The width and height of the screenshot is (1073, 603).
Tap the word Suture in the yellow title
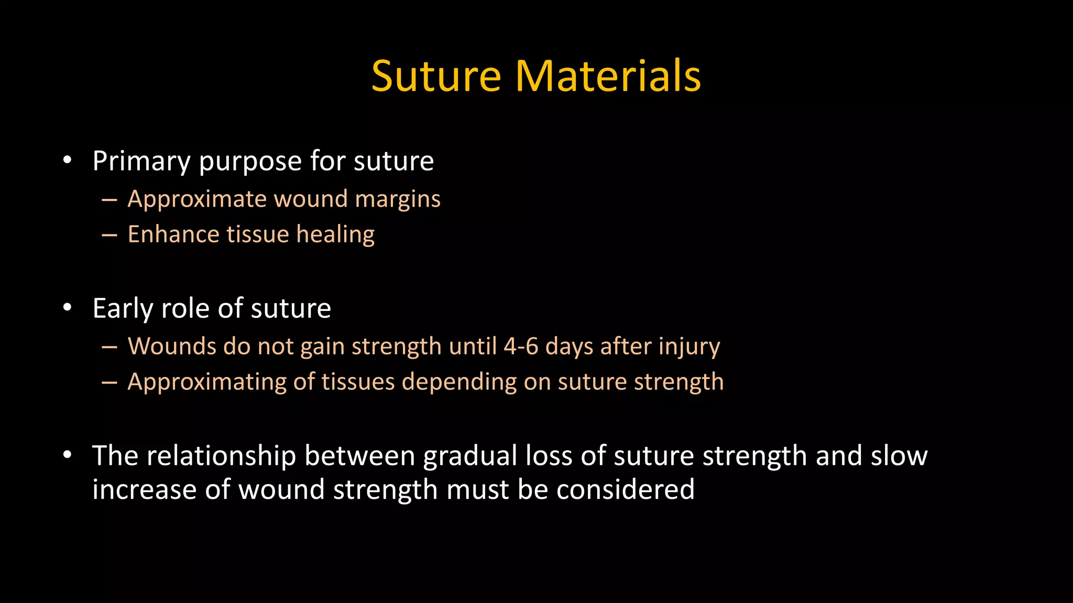[436, 76]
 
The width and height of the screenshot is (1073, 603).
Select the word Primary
[141, 161]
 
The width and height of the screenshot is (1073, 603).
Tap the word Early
[123, 309]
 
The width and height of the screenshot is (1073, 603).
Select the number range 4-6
[521, 347]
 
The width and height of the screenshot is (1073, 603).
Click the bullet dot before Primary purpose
[67, 160]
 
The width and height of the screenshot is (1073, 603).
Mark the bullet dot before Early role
[67, 308]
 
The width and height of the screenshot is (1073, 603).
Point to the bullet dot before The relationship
[67, 455]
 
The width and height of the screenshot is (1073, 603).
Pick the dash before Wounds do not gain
[110, 347]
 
